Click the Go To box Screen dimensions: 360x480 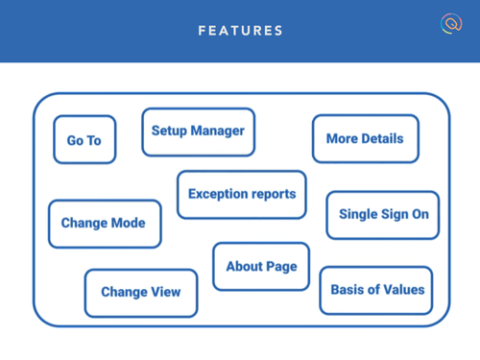[84, 140]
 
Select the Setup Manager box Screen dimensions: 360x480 [198, 132]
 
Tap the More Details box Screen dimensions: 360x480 [365, 138]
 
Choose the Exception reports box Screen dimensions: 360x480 [242, 194]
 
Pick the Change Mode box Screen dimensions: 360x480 [104, 223]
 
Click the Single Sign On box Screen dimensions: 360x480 [383, 214]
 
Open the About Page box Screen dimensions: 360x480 [261, 266]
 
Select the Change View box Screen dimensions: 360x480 [140, 293]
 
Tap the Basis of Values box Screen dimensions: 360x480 [377, 289]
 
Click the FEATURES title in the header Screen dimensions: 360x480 [240, 31]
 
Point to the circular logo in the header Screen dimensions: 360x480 [451, 24]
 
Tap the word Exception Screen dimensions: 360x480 [219, 194]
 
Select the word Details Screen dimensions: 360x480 [383, 138]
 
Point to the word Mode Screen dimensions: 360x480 [128, 223]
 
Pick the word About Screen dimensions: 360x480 [244, 266]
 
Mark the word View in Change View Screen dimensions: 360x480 [164, 293]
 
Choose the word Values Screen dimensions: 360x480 [401, 289]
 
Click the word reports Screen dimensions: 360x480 [275, 194]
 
